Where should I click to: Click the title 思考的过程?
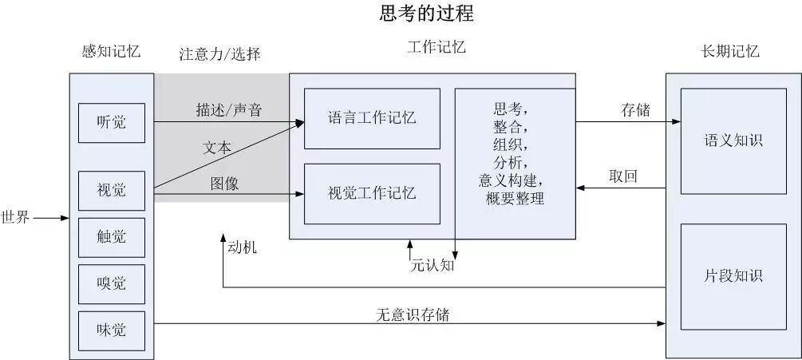coord(426,14)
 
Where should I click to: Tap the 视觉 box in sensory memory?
coord(111,190)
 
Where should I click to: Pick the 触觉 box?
coord(111,237)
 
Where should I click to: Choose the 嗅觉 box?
coord(111,283)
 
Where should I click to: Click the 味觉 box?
coord(111,330)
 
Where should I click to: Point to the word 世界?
coord(16,217)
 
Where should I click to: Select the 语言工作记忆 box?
coord(372,119)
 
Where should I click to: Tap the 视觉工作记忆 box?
coord(372,193)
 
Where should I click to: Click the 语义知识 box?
coord(733,140)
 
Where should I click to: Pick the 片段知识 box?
coord(733,276)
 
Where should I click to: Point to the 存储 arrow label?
coord(635,111)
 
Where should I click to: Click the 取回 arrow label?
coord(622,176)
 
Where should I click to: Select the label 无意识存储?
coord(413,315)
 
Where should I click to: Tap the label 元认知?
coord(432,265)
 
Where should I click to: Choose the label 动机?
coord(242,248)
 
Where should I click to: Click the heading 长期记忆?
coord(729,52)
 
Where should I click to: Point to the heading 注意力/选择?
coord(219,54)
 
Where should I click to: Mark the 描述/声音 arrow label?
coord(229,110)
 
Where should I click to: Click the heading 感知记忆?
coord(111,51)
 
